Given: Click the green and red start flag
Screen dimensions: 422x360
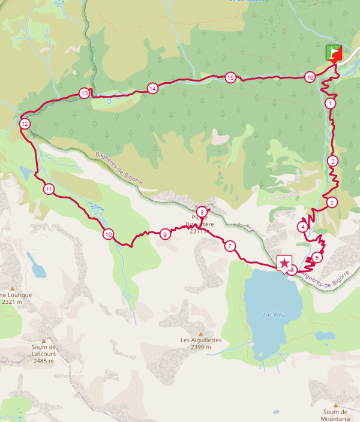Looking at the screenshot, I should pos(334,53).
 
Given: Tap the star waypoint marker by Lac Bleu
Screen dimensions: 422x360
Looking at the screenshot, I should pos(284,263).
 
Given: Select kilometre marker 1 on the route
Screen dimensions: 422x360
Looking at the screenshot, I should pos(330,104).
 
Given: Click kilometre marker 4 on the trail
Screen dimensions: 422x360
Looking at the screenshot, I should pos(303,227).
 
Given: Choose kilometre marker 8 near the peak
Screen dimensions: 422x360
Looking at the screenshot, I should pos(202,212).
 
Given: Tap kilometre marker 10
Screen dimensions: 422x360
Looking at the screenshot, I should pos(108,234).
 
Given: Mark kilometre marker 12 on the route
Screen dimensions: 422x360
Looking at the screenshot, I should pos(25,124).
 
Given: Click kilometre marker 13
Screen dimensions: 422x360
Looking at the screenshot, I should pos(85,94).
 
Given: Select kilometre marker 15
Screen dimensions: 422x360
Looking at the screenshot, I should pos(230,77).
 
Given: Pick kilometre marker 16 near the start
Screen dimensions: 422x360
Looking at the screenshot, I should pos(310,77).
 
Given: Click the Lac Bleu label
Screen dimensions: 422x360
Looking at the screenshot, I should pos(272,314).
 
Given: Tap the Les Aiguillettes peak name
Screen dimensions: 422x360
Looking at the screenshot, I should pos(201,340).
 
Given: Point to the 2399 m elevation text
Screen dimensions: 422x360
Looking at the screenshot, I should pos(201,348).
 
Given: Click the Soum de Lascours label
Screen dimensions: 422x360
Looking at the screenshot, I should pos(44,350).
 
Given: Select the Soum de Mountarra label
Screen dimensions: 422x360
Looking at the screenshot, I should pos(335,415).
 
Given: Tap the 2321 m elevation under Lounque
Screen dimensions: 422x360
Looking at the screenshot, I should pos(12,302).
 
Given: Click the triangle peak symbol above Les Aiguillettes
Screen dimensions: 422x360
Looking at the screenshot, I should pos(201,333).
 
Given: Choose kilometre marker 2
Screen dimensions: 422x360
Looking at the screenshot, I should pos(332,161).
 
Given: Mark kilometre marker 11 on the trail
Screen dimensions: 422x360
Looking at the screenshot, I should pos(49,189).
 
